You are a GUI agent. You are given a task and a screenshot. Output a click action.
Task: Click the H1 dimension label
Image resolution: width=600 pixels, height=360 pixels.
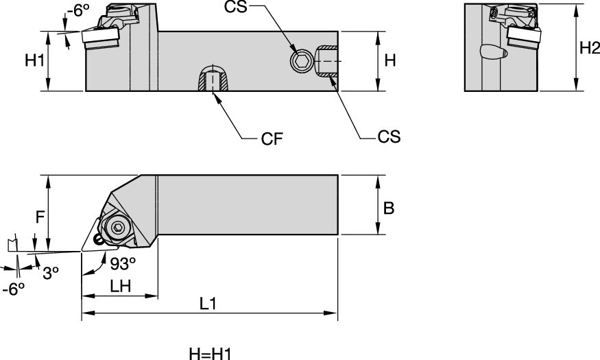[34, 60]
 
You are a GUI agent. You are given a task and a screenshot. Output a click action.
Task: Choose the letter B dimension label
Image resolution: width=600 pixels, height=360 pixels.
[389, 208]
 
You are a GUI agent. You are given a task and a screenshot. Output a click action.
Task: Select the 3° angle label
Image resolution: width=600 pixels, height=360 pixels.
[51, 274]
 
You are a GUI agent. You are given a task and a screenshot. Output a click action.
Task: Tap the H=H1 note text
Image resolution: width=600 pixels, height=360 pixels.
[211, 354]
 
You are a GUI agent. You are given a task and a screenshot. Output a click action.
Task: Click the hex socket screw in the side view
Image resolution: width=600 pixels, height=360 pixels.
[299, 62]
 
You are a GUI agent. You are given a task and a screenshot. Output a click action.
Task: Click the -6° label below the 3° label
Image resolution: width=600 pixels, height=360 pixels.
[14, 289]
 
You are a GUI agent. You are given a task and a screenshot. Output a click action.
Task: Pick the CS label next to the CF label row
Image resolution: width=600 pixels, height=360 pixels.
[389, 137]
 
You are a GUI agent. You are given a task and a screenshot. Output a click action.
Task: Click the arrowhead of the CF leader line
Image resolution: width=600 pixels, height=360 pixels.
[217, 97]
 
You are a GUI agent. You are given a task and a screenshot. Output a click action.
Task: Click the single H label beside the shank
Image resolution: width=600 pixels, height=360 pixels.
[390, 60]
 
